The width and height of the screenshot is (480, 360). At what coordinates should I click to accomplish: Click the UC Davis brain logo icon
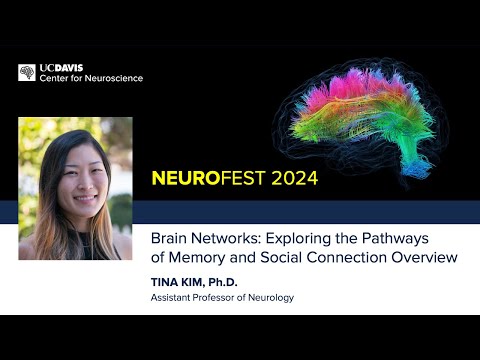click(27, 73)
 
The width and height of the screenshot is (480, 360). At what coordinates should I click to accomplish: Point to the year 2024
click(292, 179)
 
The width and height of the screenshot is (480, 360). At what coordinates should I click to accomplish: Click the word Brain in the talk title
click(170, 239)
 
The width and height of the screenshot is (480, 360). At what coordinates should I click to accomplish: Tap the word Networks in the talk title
click(232, 239)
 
